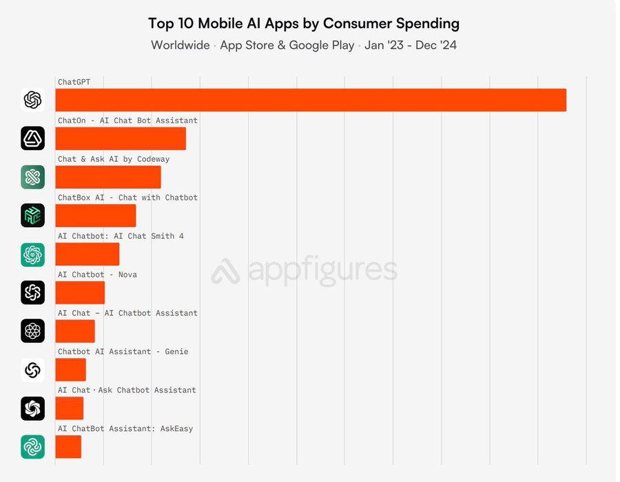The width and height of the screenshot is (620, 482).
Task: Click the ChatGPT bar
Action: coord(310,100)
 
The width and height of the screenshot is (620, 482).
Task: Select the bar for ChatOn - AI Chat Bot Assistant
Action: coord(121,138)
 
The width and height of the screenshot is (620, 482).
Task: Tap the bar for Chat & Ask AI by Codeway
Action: coord(108,177)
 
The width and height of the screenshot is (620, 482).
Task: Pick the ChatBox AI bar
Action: coord(96,216)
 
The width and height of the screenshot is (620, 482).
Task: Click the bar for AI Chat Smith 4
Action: coord(87,254)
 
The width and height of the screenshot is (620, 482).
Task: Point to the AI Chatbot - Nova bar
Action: coord(80,293)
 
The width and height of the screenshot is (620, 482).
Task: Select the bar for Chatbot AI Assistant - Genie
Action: coord(71,370)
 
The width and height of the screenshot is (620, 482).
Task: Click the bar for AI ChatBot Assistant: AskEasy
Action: coord(68,447)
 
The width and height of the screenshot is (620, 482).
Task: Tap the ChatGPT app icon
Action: coord(32,100)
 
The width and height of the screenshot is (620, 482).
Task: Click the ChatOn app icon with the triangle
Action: coord(32,138)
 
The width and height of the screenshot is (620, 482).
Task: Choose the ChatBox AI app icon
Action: coord(32,216)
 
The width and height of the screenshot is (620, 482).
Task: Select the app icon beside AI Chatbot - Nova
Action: coord(32,293)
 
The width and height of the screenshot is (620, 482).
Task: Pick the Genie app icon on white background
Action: coord(32,370)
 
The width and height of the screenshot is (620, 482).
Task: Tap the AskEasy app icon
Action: coord(32,447)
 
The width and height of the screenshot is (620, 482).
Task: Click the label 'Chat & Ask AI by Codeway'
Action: coord(114,159)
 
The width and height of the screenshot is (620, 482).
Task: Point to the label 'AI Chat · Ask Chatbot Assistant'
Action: coord(127,390)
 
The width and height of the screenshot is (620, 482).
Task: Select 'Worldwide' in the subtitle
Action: coord(180,45)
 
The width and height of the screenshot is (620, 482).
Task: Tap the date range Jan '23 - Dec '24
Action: coord(411,45)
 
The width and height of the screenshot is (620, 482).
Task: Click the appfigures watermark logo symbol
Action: coord(225,271)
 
